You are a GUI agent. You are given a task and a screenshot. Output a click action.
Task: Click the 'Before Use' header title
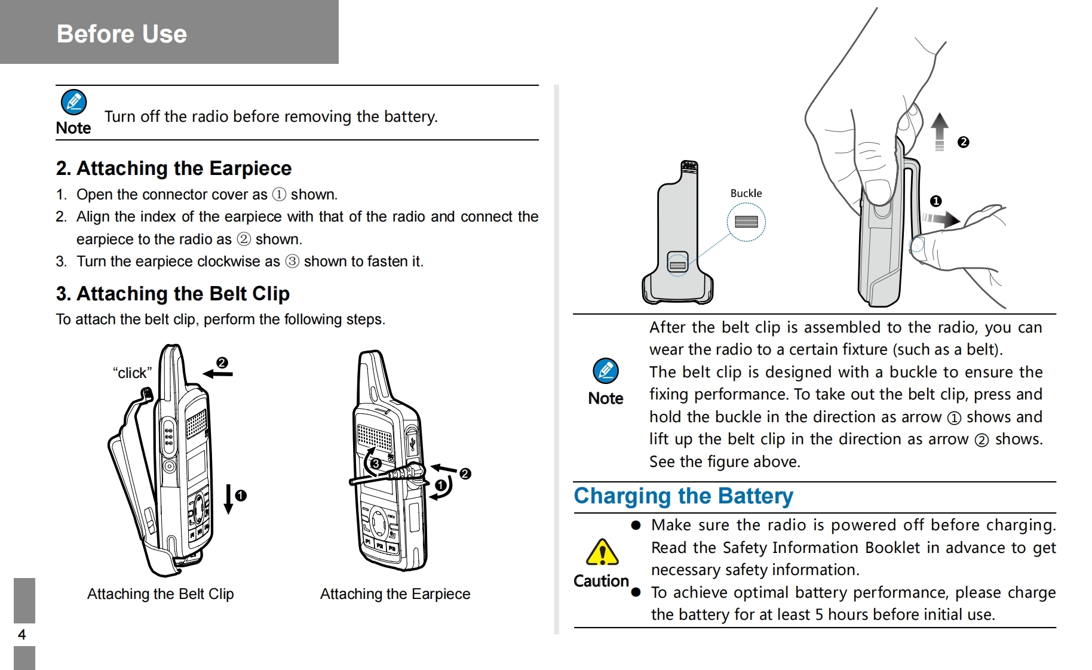point(122,34)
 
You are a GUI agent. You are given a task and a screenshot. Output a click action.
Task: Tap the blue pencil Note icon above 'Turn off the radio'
point(73,102)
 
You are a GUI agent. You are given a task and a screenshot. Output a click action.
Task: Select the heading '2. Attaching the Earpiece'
point(174,168)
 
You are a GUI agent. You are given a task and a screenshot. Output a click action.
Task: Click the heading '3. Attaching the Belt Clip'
point(173,294)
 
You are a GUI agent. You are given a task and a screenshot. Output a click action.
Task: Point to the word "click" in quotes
point(132,373)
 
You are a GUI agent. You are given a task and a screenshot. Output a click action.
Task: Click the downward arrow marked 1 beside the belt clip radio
point(228,498)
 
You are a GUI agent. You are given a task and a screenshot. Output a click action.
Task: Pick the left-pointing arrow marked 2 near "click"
point(217,374)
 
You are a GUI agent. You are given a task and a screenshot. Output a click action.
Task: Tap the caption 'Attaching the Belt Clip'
point(160,594)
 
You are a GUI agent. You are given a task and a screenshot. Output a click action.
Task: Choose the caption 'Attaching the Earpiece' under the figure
point(395,594)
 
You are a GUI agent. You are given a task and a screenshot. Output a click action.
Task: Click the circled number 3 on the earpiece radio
point(376,463)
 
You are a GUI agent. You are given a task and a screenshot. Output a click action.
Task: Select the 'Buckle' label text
point(746,193)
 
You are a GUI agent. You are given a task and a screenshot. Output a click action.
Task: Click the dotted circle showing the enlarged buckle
point(746,222)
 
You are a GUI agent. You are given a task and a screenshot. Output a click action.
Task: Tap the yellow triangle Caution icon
point(602,552)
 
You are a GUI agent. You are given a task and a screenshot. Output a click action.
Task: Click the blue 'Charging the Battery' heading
point(683,496)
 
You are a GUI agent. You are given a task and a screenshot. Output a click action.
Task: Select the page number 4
point(22,634)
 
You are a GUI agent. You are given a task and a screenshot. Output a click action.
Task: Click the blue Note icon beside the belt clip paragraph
point(605,371)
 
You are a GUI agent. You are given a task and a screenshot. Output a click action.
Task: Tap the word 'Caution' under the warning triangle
point(601,581)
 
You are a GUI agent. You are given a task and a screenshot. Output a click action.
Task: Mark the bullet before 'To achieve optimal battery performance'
point(636,592)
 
